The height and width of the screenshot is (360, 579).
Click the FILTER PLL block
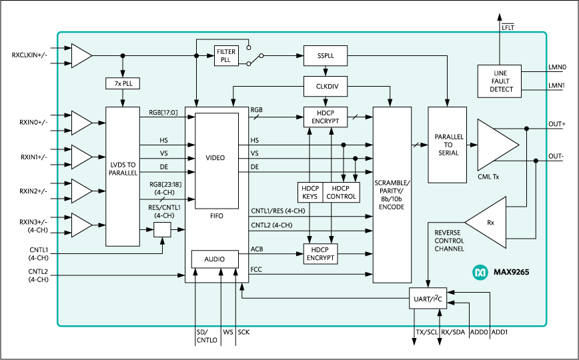pyautogui.click(x=226, y=56)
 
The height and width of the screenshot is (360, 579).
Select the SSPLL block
pyautogui.click(x=325, y=56)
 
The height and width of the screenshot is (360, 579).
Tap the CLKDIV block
pyautogui.click(x=325, y=86)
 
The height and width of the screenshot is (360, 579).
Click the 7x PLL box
pyautogui.click(x=123, y=83)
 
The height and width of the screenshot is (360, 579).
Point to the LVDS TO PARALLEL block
pyautogui.click(x=123, y=175)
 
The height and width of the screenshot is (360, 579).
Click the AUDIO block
pyautogui.click(x=215, y=259)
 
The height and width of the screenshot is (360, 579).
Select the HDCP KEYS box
pyautogui.click(x=310, y=193)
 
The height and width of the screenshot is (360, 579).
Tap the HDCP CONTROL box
pyautogui.click(x=341, y=193)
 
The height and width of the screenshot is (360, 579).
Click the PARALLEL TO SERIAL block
pyautogui.click(x=448, y=144)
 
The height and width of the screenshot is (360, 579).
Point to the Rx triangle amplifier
pyautogui.click(x=490, y=223)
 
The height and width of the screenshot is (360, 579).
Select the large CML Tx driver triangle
pyautogui.click(x=495, y=145)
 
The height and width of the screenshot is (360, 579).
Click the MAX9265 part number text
pyautogui.click(x=511, y=272)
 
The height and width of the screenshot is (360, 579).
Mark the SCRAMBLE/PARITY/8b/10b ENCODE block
pyautogui.click(x=392, y=195)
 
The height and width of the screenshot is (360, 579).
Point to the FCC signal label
pyautogui.click(x=256, y=269)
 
